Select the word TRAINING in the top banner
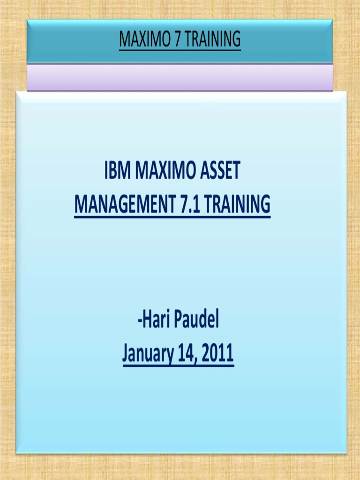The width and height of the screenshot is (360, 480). (212, 40)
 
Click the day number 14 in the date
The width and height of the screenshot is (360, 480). (189, 354)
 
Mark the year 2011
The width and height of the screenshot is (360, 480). (218, 354)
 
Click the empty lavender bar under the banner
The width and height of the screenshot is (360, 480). (180, 77)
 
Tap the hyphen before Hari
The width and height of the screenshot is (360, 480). (139, 323)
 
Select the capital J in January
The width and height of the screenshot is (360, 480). (126, 354)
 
